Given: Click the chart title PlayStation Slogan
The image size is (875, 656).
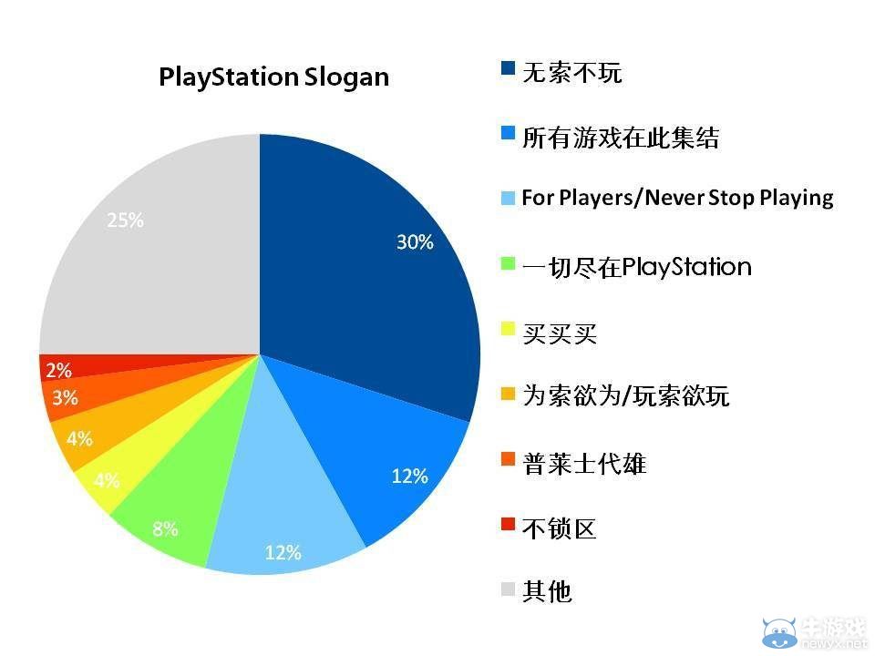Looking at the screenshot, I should point(273,77).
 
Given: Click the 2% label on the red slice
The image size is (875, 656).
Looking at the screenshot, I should point(58,370).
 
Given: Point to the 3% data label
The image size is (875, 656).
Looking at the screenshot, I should point(65,398).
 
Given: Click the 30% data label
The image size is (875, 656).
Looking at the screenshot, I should point(414,242).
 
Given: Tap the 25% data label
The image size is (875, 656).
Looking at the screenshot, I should point(125,220).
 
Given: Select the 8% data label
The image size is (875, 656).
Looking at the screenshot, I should point(165,528).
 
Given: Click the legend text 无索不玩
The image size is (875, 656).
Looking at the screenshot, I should point(571,73).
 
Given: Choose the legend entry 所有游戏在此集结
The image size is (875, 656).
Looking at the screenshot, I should point(620,138).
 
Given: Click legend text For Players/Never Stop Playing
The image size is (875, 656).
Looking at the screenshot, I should point(677,198).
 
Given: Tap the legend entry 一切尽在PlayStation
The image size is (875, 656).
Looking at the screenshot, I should point(636,267).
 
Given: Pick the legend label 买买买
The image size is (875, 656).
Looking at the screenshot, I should point(559,333).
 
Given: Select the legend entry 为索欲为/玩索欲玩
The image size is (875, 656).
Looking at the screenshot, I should point(625,396).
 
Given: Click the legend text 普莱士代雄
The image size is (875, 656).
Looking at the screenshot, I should point(583,464).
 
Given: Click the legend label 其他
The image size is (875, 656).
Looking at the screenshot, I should point(547,591).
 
